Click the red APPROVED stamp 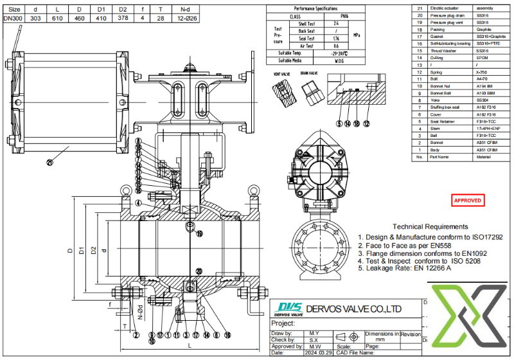click(468, 201)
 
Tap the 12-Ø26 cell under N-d click(184, 18)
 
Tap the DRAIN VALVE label click(309, 73)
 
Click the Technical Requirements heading click(430, 227)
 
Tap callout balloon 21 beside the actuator click(49, 163)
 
